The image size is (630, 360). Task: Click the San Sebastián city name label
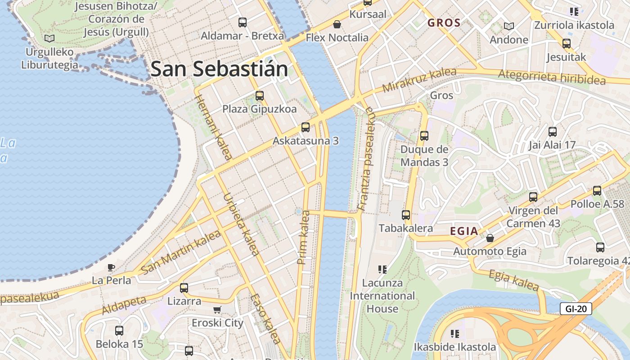[219, 69]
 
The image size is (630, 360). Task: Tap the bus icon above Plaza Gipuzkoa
[259, 95]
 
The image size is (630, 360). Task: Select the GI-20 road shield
[576, 309]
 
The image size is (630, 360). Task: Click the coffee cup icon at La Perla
[111, 268]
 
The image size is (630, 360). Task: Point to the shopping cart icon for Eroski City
[217, 310]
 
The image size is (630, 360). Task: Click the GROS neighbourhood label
[444, 23]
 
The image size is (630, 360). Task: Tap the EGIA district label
[464, 231]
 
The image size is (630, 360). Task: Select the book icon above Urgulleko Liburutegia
[49, 39]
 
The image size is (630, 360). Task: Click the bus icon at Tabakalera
[406, 215]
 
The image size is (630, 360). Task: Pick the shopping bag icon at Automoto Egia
[490, 238]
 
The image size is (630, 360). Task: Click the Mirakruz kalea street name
[418, 80]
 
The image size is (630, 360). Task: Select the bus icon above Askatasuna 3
[306, 127]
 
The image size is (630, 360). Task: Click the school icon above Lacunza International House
[382, 270]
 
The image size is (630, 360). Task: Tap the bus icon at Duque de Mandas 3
[424, 135]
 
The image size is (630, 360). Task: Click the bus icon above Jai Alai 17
[553, 132]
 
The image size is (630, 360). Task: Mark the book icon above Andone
[509, 27]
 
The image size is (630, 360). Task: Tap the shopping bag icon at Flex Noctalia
[337, 24]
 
